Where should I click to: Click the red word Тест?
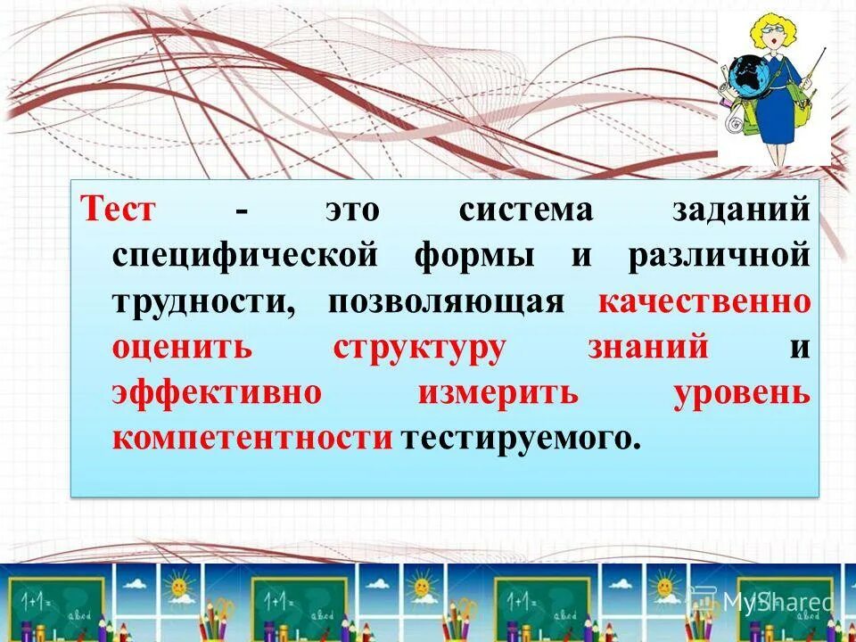point(119,210)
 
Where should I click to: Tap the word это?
point(351,210)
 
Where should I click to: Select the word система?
point(525,210)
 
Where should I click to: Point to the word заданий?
point(742,210)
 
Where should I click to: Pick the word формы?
point(474,257)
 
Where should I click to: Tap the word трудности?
point(204,301)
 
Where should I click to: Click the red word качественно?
point(704,301)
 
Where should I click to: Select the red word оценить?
point(183,347)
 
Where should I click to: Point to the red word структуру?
point(419,348)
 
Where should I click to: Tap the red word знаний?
point(648,347)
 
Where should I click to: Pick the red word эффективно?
point(217,392)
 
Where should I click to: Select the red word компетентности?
point(252,438)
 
